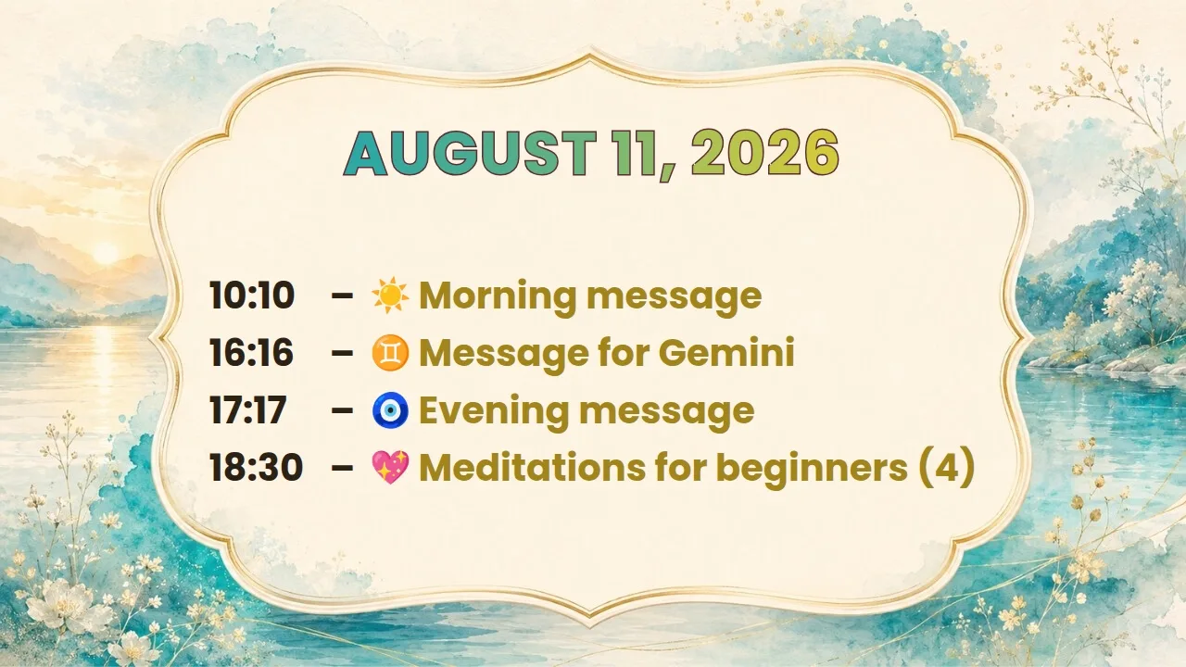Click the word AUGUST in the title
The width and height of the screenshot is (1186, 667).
[470, 153]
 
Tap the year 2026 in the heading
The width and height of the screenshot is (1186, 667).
[765, 153]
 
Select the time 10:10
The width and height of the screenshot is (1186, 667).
[252, 295]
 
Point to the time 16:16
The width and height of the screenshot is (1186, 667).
[251, 353]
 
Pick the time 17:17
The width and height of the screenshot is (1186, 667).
[247, 410]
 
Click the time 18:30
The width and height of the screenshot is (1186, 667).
[257, 468]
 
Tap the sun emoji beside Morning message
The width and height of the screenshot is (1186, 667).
[390, 295]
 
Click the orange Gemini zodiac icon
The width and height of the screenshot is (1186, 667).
[390, 353]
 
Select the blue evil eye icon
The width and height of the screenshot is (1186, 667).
[390, 410]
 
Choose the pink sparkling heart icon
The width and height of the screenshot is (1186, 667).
[390, 468]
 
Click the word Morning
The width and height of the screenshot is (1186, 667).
[498, 297]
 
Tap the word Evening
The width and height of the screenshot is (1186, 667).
[496, 412]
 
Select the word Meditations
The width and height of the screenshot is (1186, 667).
[533, 468]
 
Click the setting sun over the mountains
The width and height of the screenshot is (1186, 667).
[106, 254]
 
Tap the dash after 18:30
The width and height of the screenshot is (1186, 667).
[342, 468]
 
